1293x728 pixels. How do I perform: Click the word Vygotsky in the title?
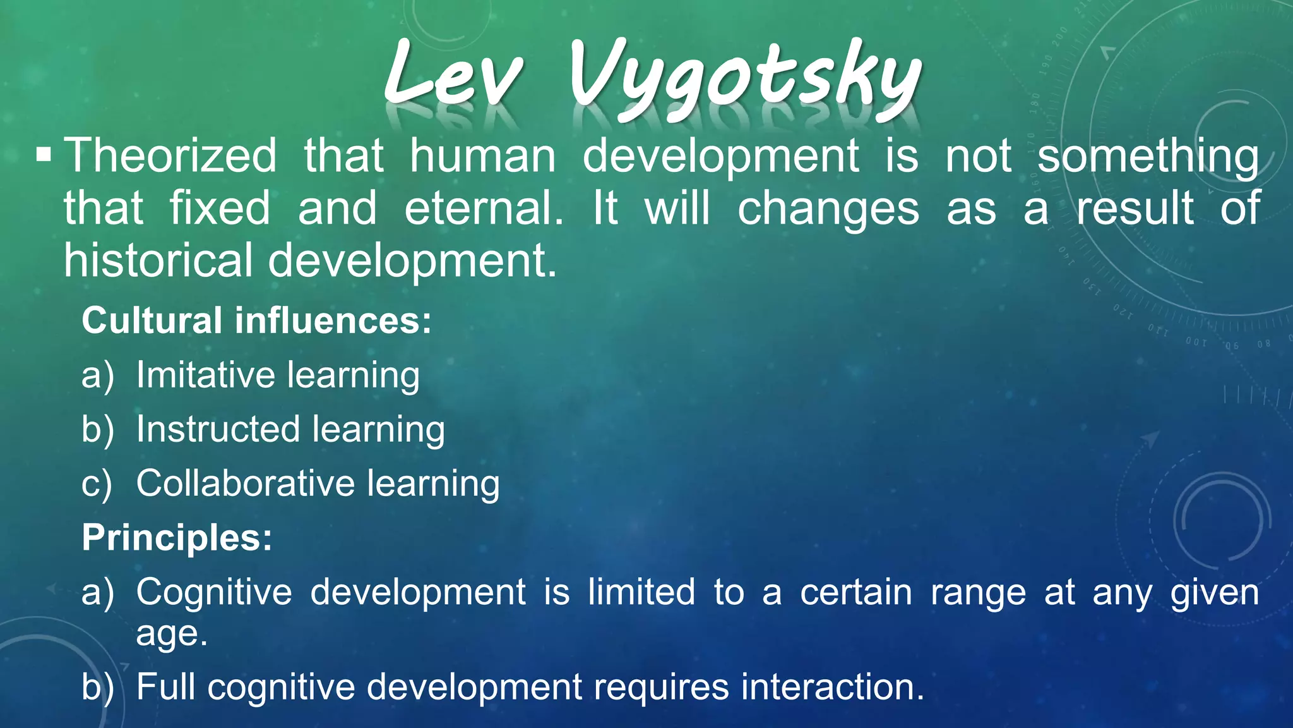point(745,79)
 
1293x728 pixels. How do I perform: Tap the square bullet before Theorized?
point(44,155)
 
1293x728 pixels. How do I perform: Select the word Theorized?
point(170,155)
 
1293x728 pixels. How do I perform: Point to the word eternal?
point(483,208)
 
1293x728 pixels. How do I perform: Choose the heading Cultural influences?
point(256,320)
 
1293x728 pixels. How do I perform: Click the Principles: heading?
point(177,538)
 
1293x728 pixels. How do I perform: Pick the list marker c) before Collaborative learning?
point(97,485)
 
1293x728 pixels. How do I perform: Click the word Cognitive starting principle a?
point(214,592)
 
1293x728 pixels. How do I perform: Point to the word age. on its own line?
point(172,634)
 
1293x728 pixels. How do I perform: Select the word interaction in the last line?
point(831,687)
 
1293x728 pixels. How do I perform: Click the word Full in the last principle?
point(165,687)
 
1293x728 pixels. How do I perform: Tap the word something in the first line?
point(1148,157)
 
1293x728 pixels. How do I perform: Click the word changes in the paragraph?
point(828,209)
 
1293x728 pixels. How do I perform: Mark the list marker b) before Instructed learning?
point(97,430)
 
